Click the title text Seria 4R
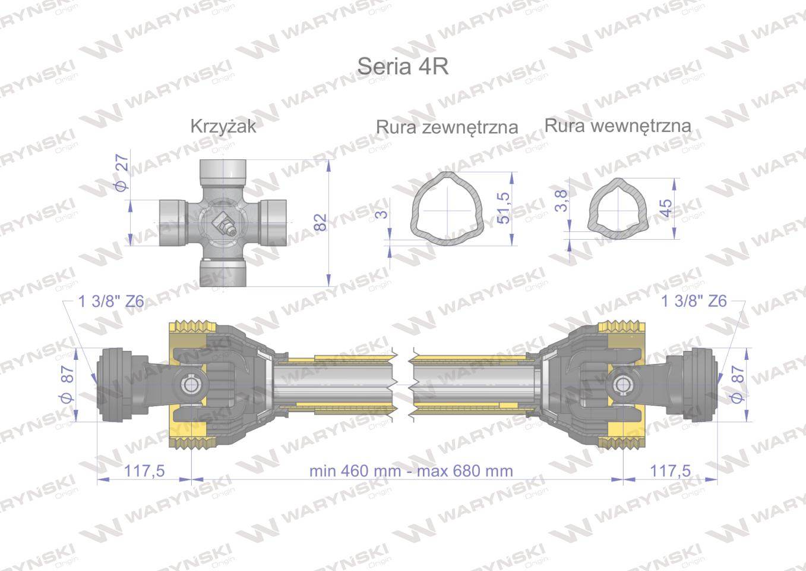[402, 66]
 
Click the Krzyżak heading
[223, 126]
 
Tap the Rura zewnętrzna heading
[447, 127]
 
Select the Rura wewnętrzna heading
[617, 126]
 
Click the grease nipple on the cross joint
[225, 224]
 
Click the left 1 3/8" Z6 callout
[111, 302]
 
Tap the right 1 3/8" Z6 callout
[694, 302]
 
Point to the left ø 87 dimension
[67, 385]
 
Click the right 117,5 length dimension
[670, 471]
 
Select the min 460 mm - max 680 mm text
[410, 471]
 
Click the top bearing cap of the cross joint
[223, 171]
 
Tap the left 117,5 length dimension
[144, 471]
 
